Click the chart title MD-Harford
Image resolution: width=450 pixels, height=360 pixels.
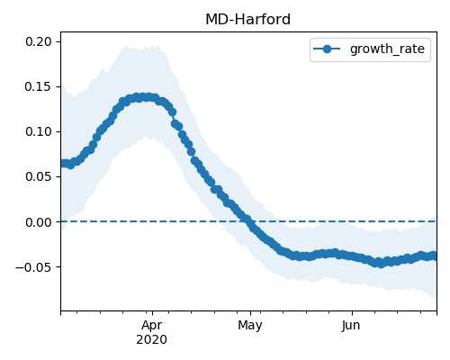[x=247, y=20]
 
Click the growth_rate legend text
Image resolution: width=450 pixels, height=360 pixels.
[x=387, y=49]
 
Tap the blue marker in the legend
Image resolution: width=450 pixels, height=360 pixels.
[x=327, y=49]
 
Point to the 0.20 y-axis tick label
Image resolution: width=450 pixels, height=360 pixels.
[x=39, y=41]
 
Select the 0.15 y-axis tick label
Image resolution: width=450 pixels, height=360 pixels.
[x=39, y=86]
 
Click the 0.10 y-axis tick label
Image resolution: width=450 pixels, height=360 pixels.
[x=39, y=131]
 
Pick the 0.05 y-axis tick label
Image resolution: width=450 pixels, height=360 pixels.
[x=39, y=176]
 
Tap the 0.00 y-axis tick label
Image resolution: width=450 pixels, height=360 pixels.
[x=39, y=222]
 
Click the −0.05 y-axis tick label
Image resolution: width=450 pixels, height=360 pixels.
[x=33, y=267]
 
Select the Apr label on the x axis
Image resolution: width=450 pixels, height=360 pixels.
[x=152, y=326]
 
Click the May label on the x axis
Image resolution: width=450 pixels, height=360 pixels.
[x=250, y=326]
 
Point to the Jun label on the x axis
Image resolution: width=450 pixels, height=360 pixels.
[x=351, y=326]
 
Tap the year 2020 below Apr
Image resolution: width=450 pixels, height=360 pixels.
[x=151, y=340]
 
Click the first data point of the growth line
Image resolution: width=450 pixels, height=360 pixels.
[x=63, y=163]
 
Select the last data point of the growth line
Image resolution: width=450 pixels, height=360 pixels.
[x=434, y=256]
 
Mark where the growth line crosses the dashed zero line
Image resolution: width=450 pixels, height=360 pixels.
[x=249, y=221]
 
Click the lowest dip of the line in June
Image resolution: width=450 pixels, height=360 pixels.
[x=381, y=264]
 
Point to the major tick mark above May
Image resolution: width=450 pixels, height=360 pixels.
[x=250, y=313]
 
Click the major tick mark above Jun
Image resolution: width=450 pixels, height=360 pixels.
[x=352, y=313]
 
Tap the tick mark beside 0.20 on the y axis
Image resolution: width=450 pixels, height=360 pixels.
[x=58, y=41]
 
